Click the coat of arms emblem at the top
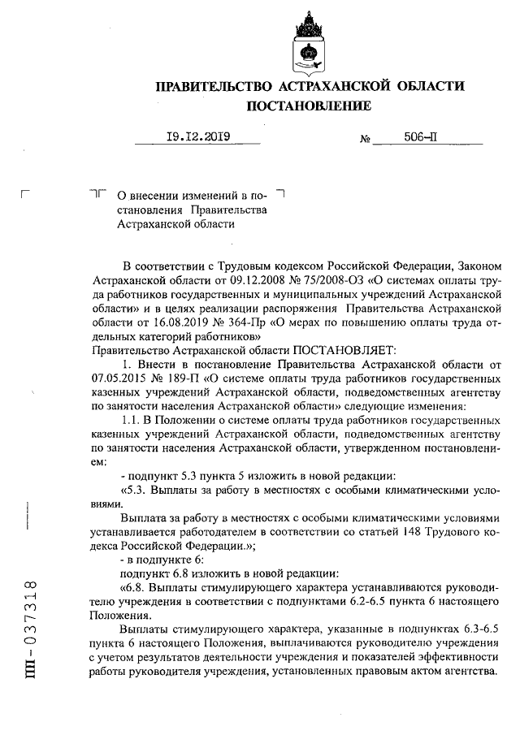click(x=309, y=42)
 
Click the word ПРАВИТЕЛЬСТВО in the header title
click(x=213, y=86)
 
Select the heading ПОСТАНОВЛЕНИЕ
click(x=309, y=106)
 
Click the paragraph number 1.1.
click(x=131, y=422)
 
